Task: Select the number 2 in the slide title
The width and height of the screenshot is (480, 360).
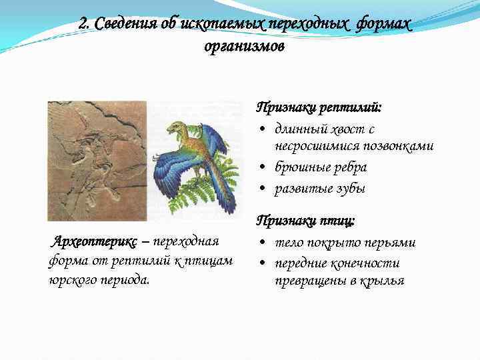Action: point(82,24)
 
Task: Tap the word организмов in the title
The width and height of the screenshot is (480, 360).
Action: point(245,47)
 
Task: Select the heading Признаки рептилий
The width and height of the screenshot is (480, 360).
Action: point(319,107)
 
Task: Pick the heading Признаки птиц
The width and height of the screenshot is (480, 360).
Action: point(306,220)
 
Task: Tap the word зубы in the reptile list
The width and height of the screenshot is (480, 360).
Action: point(350,188)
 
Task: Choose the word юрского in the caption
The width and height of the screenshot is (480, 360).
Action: point(69,279)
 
